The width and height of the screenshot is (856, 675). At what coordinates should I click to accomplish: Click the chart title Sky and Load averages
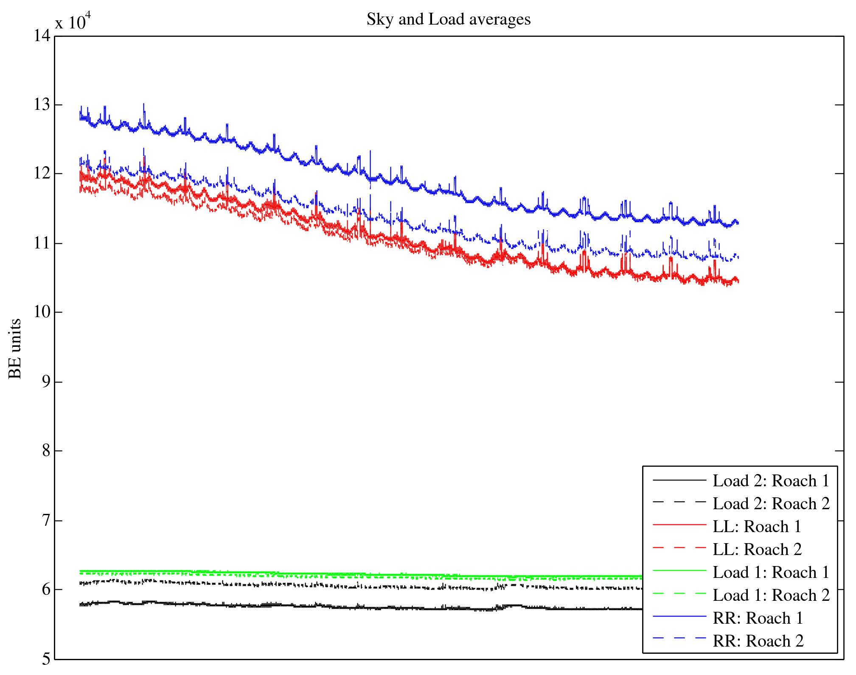coord(449,20)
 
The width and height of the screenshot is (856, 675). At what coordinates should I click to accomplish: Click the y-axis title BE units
coord(15,349)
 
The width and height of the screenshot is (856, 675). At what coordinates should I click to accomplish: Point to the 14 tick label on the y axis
coord(42,36)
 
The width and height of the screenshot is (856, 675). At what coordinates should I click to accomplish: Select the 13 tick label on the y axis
coord(42,105)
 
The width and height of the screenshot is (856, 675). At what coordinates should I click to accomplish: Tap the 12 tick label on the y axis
coord(42,174)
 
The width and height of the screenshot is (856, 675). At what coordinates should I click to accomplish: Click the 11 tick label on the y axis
coord(42,243)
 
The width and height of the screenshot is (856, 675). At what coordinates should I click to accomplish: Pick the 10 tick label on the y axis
coord(42,312)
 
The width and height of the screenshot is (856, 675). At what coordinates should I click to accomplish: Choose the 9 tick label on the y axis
coord(46,382)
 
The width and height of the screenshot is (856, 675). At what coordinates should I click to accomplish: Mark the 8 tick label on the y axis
coord(46,451)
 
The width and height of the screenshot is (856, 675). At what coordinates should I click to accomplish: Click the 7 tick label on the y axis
coord(46,520)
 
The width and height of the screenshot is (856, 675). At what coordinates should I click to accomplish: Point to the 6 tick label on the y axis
coord(46,589)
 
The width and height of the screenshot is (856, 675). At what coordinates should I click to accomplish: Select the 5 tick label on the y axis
coord(46,659)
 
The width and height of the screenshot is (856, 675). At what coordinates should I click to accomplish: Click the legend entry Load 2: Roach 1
coord(771,481)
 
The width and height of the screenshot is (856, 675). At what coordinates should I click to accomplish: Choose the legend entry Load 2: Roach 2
coord(771,504)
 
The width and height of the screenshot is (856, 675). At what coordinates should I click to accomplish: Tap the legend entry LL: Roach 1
coord(757,527)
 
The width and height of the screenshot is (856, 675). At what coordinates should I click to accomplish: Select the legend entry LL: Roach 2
coord(757,549)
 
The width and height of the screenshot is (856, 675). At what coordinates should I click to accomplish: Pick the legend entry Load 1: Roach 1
coord(771,572)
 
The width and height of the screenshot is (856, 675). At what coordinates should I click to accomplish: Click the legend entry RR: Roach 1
coord(758,618)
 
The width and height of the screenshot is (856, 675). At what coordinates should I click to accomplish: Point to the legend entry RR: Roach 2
coord(758,641)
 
